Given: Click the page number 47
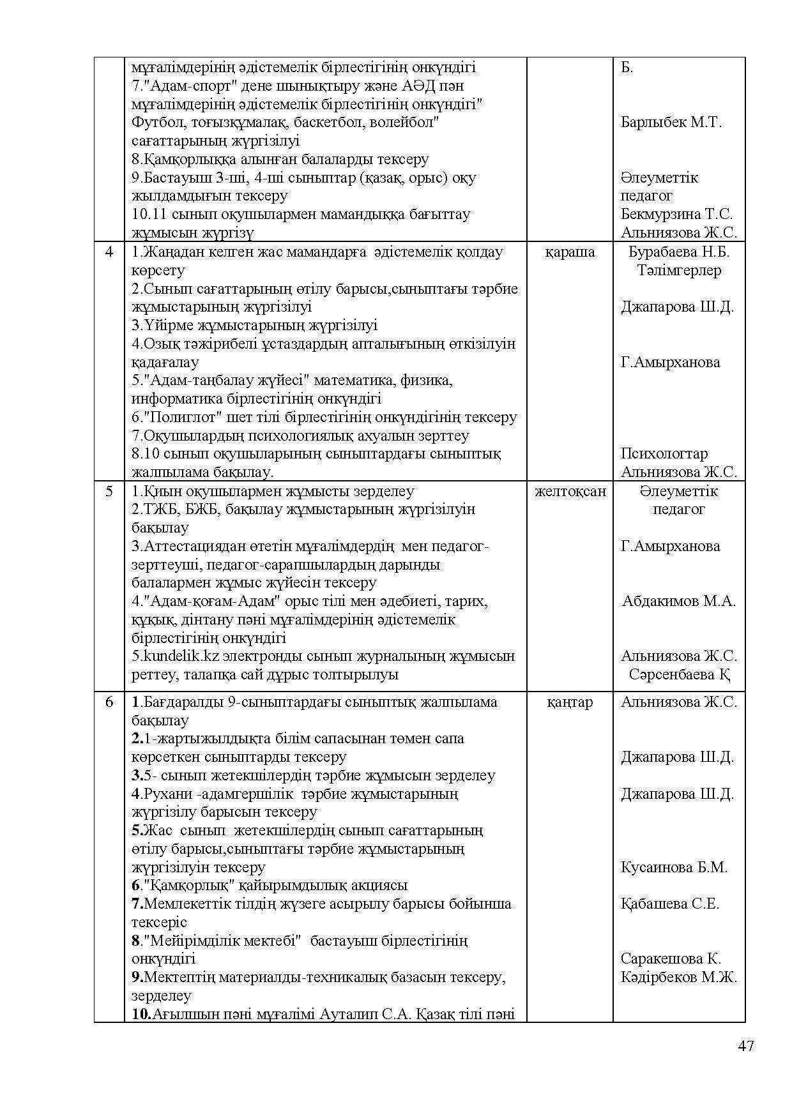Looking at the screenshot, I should click(x=745, y=1046).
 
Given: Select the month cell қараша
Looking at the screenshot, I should click(x=570, y=252).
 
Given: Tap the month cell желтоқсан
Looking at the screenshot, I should click(x=570, y=492).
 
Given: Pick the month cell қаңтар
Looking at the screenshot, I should click(x=570, y=702).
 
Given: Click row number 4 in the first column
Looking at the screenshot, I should click(x=109, y=252).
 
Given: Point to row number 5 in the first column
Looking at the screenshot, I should click(x=109, y=492).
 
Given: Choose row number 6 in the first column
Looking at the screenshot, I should click(x=109, y=702).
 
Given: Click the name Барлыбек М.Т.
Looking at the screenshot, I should click(x=671, y=123).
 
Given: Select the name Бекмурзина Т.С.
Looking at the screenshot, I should click(x=676, y=215).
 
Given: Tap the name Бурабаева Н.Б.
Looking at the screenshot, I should click(x=679, y=252).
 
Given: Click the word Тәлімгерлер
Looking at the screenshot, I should click(x=679, y=271).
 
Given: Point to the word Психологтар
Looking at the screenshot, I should click(x=664, y=454).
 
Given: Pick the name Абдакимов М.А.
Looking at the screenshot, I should click(x=679, y=602).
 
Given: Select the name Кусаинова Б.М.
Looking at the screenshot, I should click(x=674, y=868).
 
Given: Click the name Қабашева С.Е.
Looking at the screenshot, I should click(x=670, y=904).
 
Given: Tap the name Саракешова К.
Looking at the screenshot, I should click(x=671, y=959).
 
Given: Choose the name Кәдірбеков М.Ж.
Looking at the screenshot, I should click(x=679, y=978).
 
